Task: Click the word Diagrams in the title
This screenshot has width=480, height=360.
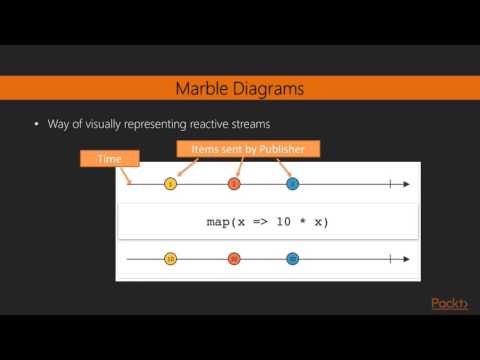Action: pos(269,90)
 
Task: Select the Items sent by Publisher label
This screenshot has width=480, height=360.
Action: pos(248,150)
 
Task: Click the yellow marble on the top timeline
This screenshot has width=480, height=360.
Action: pos(171,184)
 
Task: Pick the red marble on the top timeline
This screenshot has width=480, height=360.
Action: pos(234,184)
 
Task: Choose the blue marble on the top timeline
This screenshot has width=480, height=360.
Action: pos(292,184)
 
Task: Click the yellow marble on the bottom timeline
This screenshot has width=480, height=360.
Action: pos(171,259)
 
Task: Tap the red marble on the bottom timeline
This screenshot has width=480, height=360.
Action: pos(234,259)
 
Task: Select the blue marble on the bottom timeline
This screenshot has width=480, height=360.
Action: pos(292,259)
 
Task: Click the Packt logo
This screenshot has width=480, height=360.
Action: pos(448,303)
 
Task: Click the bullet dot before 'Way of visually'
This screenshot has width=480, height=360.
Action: pos(36,124)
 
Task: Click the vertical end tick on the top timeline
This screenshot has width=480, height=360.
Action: pos(389,184)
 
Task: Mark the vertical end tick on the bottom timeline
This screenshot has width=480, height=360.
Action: pos(389,259)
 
